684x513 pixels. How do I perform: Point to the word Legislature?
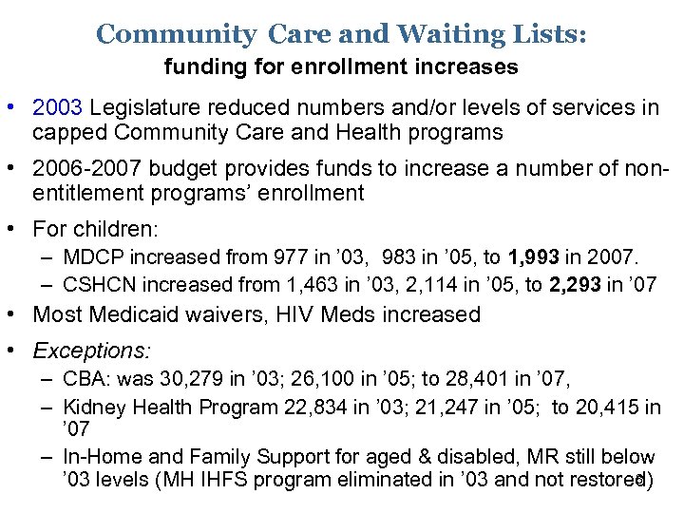[138, 107]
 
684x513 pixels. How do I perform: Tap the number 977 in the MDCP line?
[277, 257]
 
